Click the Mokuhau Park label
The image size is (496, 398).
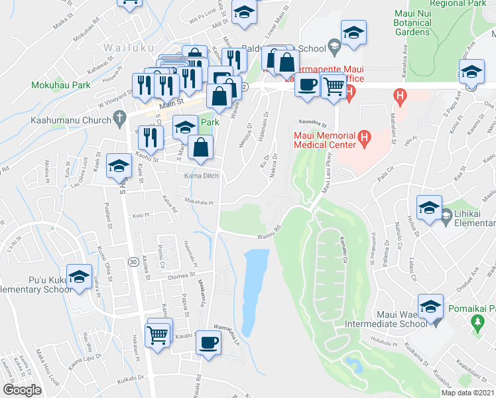click(x=61, y=85)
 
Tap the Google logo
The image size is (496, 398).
click(x=22, y=389)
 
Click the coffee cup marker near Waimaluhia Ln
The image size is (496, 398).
click(x=208, y=342)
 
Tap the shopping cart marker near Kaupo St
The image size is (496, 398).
click(x=157, y=336)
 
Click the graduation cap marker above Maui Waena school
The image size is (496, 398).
click(x=430, y=305)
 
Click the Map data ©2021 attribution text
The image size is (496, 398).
click(x=469, y=393)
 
